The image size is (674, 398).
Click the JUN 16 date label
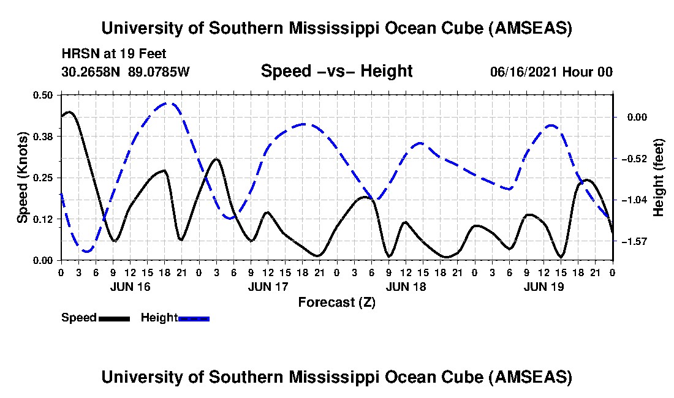[x=130, y=287]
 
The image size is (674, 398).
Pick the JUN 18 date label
[x=406, y=287]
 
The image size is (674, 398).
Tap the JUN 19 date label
[x=544, y=287]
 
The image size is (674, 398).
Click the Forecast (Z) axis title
[x=336, y=302]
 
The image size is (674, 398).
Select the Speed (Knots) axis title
[x=22, y=177]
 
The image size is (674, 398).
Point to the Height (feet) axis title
[x=659, y=178]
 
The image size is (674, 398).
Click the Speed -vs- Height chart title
[x=336, y=71]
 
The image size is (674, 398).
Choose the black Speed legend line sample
[x=113, y=318]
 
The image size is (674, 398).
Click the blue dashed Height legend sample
[x=194, y=318]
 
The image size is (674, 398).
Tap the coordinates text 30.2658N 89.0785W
[x=126, y=72]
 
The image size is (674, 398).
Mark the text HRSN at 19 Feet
[x=114, y=54]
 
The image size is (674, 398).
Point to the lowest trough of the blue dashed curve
[x=86, y=251]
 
